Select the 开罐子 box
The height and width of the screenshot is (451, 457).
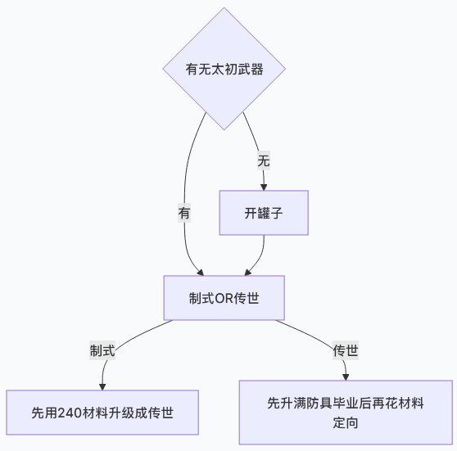(264, 213)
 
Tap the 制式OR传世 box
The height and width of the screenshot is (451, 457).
(224, 296)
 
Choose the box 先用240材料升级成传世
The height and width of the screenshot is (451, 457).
(102, 412)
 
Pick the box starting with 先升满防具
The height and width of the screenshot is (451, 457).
(345, 412)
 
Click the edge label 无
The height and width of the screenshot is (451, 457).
(263, 160)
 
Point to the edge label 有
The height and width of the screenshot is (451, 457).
(184, 213)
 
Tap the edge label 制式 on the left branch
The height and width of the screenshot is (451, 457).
(102, 350)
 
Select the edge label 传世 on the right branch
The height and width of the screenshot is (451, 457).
(345, 350)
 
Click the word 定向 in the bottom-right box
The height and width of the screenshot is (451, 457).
(345, 422)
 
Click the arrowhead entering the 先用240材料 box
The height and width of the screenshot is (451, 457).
(103, 386)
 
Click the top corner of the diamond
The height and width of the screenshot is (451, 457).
(224, 9)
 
